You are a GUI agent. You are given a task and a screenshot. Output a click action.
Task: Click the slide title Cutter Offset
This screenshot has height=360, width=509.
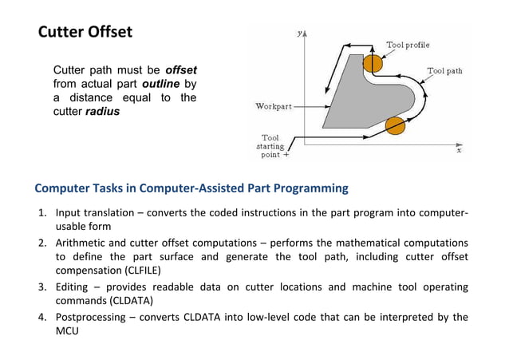pyautogui.click(x=85, y=33)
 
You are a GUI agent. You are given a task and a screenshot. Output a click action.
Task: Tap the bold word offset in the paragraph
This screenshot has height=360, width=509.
pyautogui.click(x=180, y=70)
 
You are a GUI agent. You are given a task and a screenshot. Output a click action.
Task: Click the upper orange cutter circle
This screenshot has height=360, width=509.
pyautogui.click(x=372, y=62)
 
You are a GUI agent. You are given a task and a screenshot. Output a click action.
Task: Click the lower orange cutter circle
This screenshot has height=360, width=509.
pyautogui.click(x=395, y=125)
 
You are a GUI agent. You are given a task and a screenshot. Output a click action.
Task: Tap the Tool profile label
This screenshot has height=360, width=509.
pyautogui.click(x=407, y=45)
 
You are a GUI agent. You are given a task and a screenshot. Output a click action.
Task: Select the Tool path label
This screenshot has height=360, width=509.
pyautogui.click(x=444, y=71)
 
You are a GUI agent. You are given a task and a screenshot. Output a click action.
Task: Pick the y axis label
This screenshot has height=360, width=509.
pyautogui.click(x=298, y=34)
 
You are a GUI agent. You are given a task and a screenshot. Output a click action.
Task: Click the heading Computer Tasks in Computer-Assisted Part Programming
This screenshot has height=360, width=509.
pyautogui.click(x=191, y=189)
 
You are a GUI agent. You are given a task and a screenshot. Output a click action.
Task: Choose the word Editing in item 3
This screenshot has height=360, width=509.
pyautogui.click(x=72, y=287)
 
